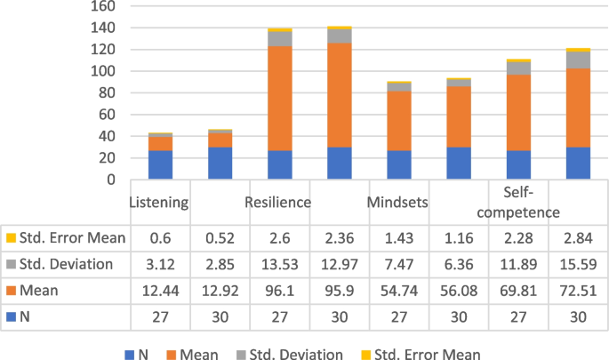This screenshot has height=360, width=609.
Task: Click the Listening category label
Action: tap(159, 202)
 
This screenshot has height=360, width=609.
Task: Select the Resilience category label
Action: tap(278, 202)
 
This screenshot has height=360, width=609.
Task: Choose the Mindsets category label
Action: tap(398, 202)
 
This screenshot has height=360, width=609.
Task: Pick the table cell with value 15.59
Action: tap(580, 263)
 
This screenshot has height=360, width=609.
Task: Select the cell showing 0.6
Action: tap(160, 237)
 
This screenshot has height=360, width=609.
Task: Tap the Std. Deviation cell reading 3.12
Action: tap(160, 263)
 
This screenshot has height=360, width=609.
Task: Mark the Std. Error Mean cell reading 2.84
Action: tap(580, 237)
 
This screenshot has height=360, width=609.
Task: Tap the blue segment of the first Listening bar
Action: tap(160, 164)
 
